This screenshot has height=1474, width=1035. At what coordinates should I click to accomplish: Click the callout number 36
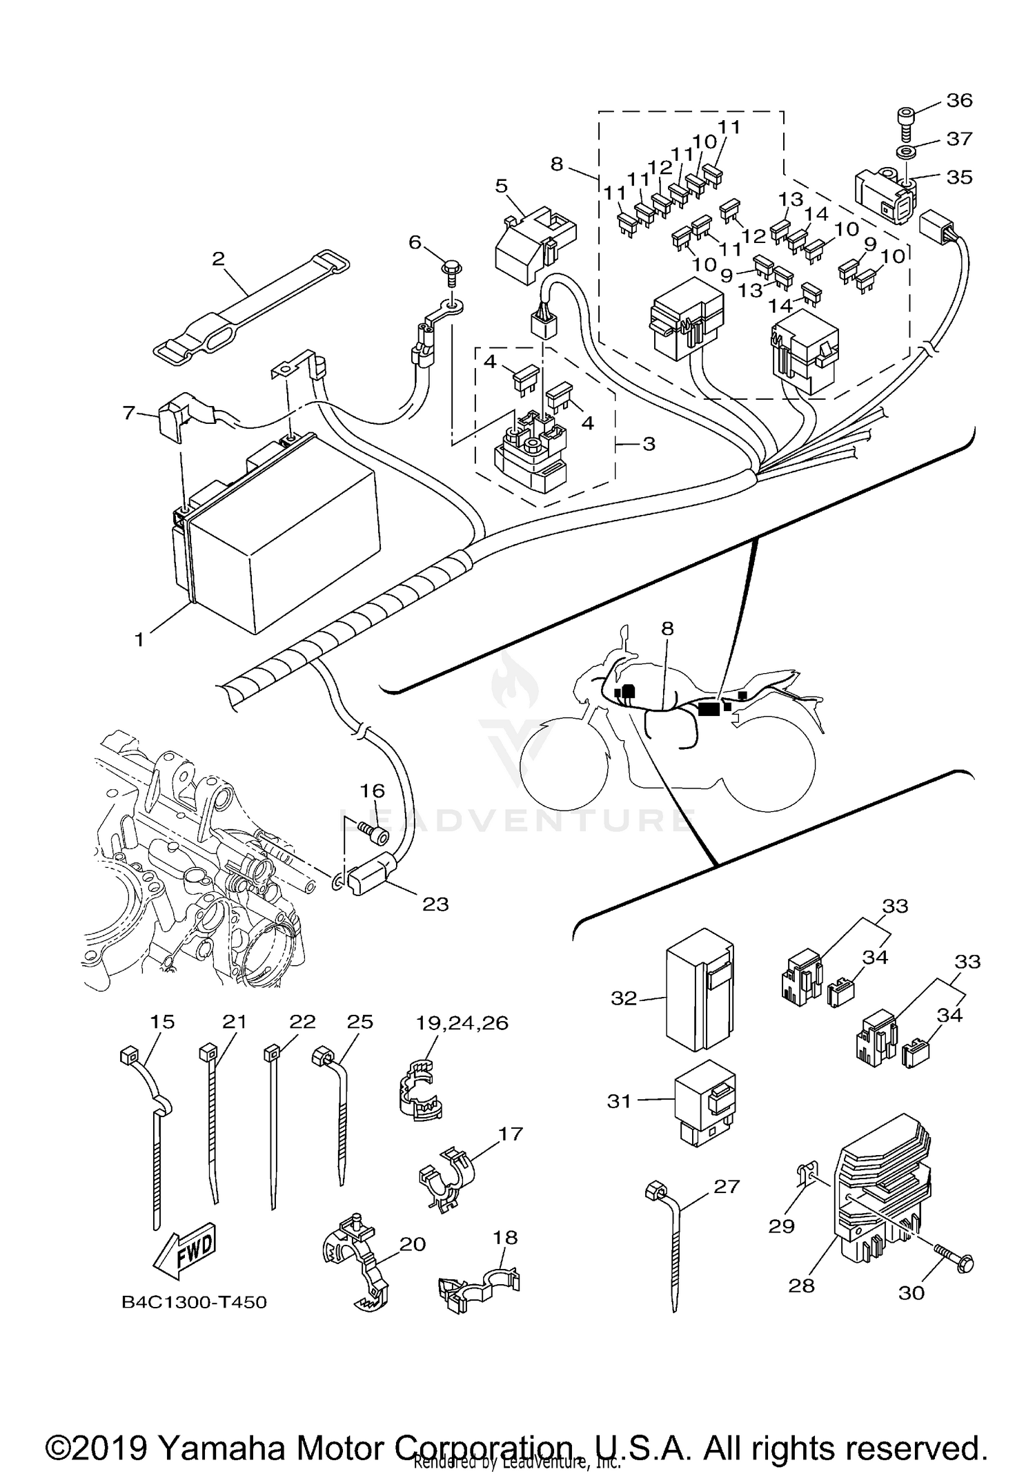click(x=959, y=101)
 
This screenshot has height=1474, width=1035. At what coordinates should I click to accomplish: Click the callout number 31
click(x=619, y=1101)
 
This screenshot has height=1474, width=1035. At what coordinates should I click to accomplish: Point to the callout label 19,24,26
click(x=462, y=1022)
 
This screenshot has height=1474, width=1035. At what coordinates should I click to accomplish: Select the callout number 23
click(x=435, y=904)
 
